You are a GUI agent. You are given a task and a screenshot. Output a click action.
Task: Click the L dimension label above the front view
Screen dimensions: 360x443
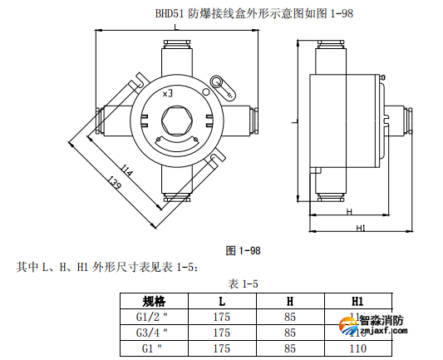[x=176, y=28]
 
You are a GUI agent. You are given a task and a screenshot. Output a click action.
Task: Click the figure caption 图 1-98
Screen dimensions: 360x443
[x=244, y=250]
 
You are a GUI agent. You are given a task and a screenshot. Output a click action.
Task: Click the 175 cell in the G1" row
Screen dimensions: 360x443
[x=222, y=348]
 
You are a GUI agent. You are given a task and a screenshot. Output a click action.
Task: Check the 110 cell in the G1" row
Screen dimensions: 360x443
[x=358, y=348]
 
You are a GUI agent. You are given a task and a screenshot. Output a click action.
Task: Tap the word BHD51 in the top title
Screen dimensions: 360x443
[x=172, y=12]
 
